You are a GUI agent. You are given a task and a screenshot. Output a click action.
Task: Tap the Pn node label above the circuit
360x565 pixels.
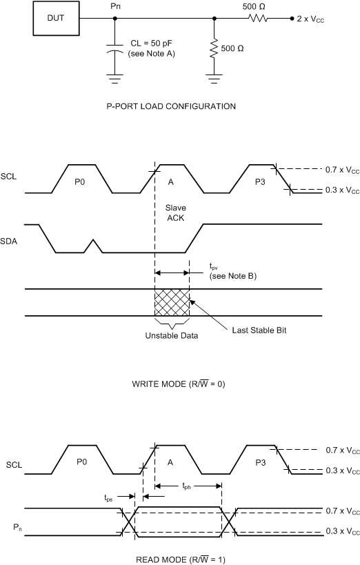click(x=115, y=6)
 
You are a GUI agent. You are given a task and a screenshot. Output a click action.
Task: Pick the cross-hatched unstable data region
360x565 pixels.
click(x=172, y=302)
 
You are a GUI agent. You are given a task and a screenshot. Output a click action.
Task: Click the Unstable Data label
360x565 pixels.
click(x=172, y=335)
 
